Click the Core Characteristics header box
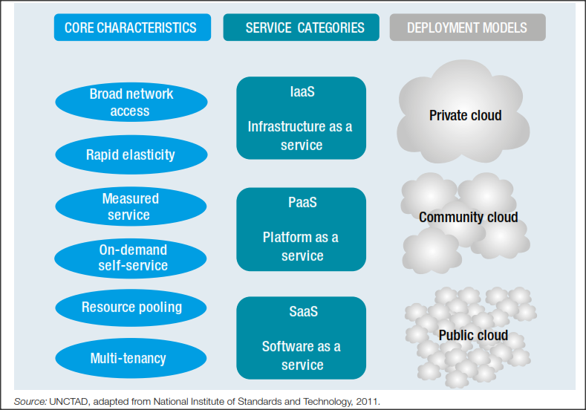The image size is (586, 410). pos(131,28)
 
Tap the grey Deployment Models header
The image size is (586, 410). pos(467,28)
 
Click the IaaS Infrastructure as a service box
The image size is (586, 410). pos(301,118)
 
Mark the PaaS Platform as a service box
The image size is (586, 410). pos(301,229)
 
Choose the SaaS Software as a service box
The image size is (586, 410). pos(301,338)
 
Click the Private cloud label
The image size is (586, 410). pos(465,115)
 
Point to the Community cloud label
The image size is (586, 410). pos(468,218)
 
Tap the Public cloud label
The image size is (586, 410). pos(473,335)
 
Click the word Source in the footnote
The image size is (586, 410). pos(29,402)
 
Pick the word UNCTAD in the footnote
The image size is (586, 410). pos(67,402)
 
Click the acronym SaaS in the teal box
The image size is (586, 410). pos(302,311)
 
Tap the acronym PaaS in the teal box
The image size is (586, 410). pos(302,202)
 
